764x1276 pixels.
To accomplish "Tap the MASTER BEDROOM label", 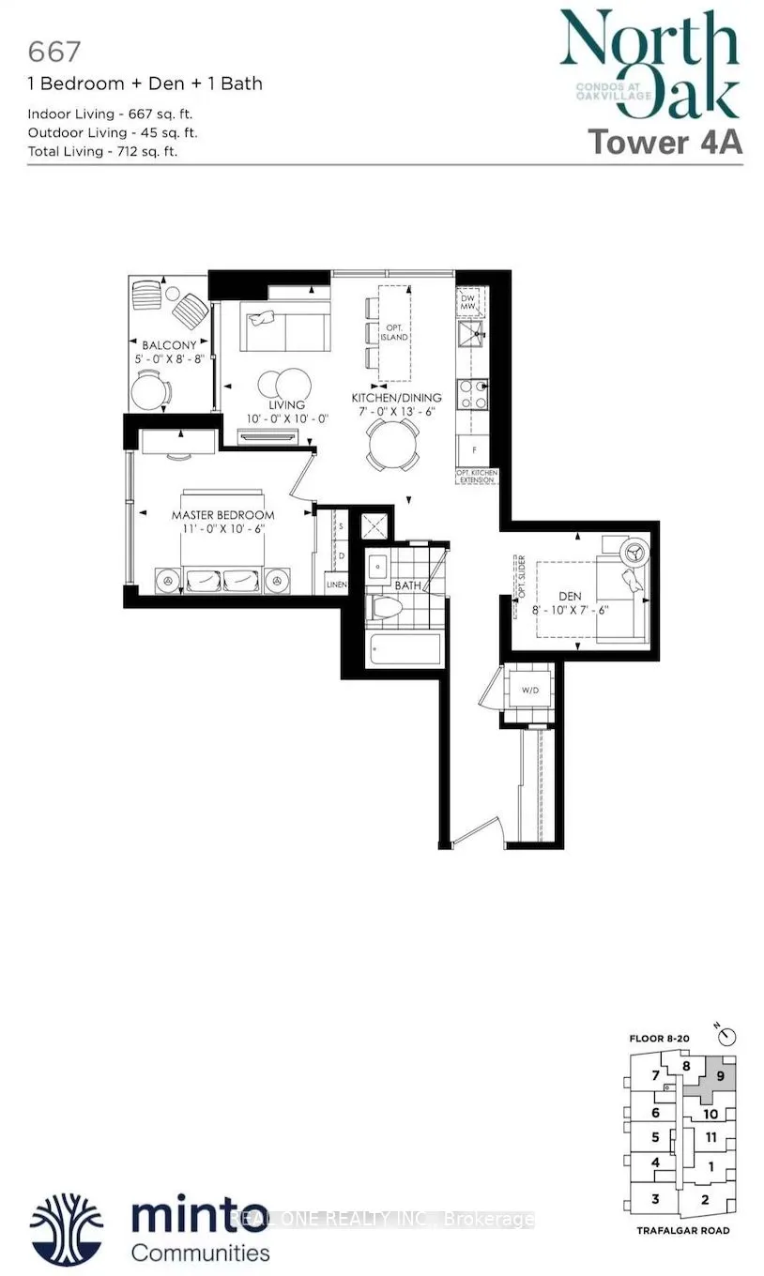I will click(x=222, y=515).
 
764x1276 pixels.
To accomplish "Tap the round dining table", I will click(x=392, y=441).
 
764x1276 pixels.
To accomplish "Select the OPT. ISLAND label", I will click(x=394, y=331).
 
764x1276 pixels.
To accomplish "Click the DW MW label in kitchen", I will click(x=468, y=301).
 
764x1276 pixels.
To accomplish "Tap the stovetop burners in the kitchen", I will click(x=470, y=394).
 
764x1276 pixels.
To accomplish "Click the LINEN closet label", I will click(x=337, y=585).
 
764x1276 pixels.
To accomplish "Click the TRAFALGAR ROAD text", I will click(x=681, y=1230).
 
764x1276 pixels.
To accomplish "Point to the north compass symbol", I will click(x=731, y=1037).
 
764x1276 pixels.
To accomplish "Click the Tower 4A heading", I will click(x=665, y=142).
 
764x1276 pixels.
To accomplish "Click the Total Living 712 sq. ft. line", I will click(x=103, y=150).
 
